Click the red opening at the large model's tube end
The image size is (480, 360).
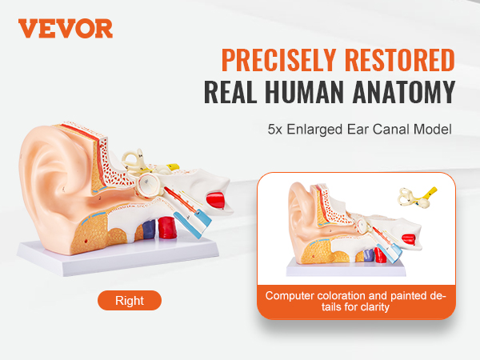tap(214, 199)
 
